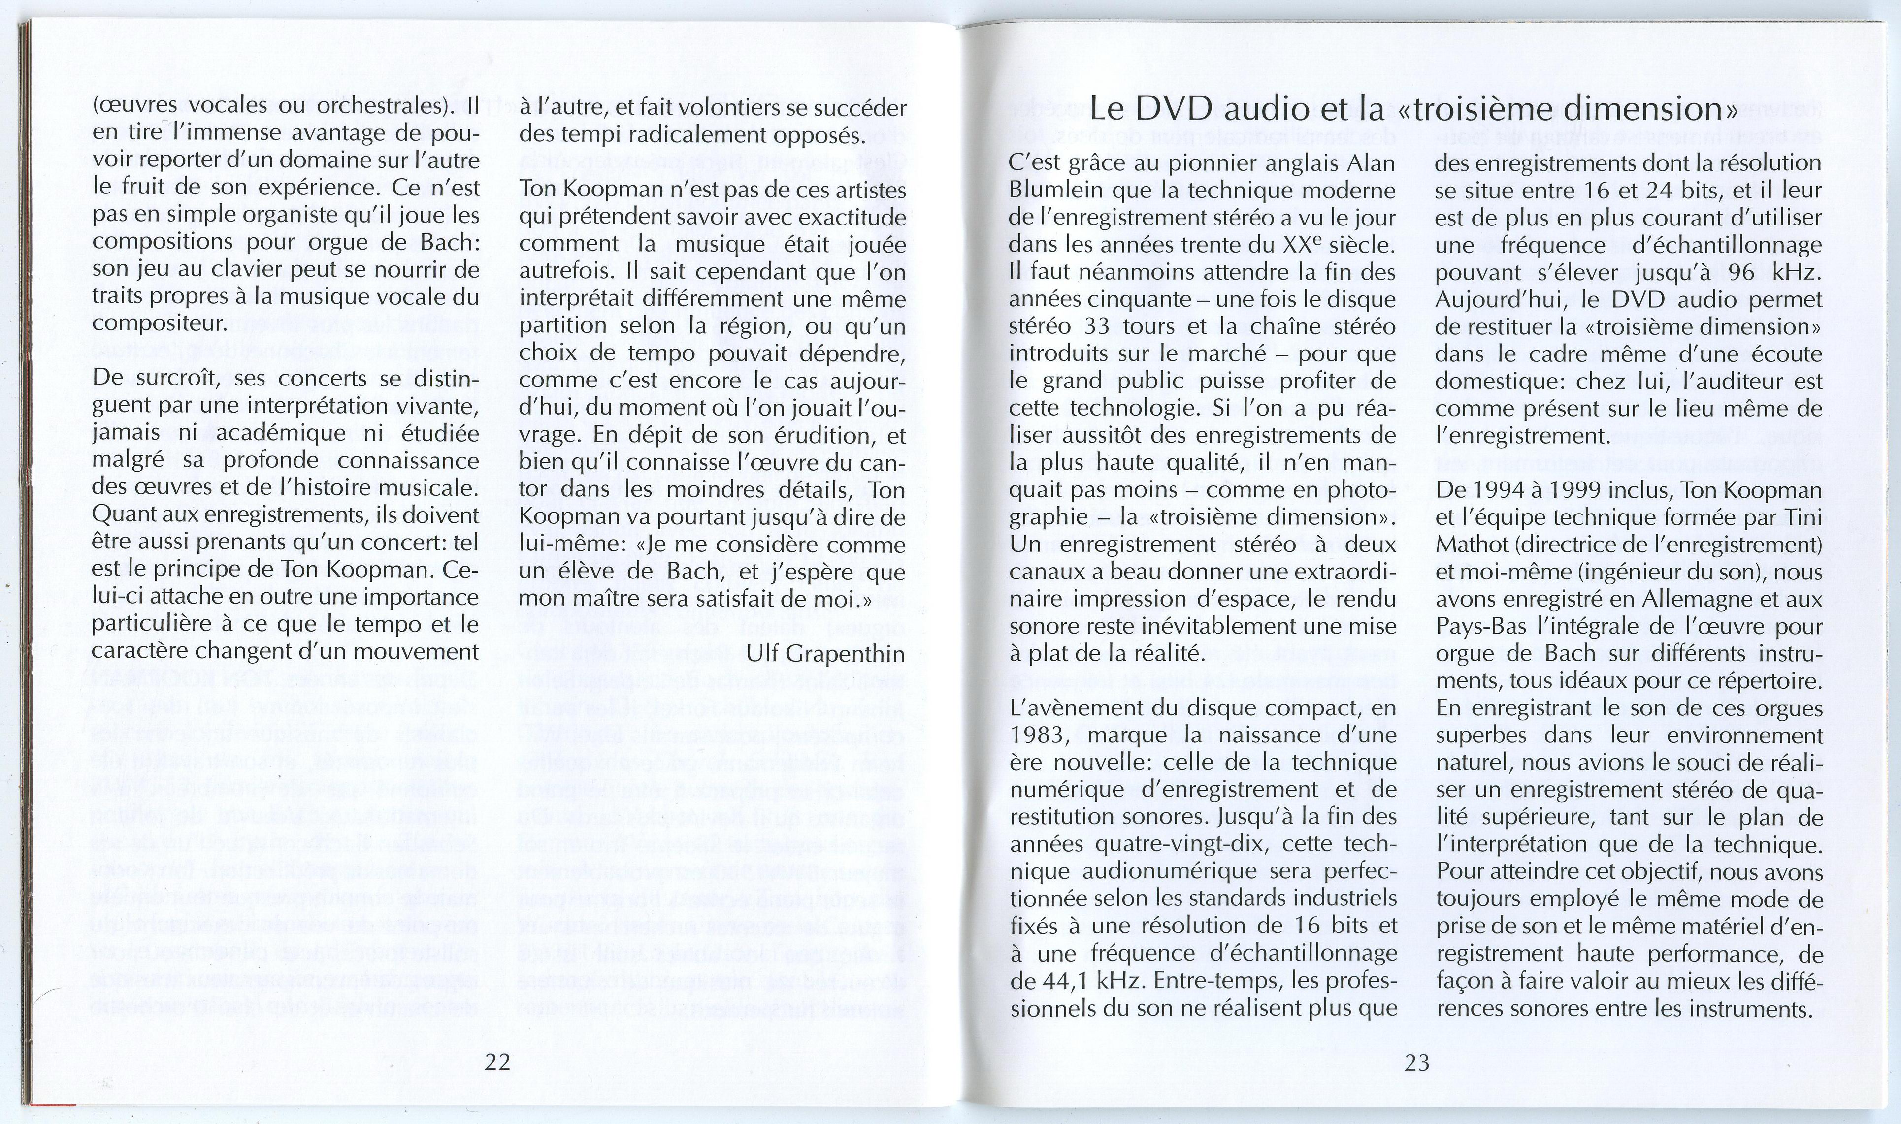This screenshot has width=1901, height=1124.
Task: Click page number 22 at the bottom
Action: point(498,1062)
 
